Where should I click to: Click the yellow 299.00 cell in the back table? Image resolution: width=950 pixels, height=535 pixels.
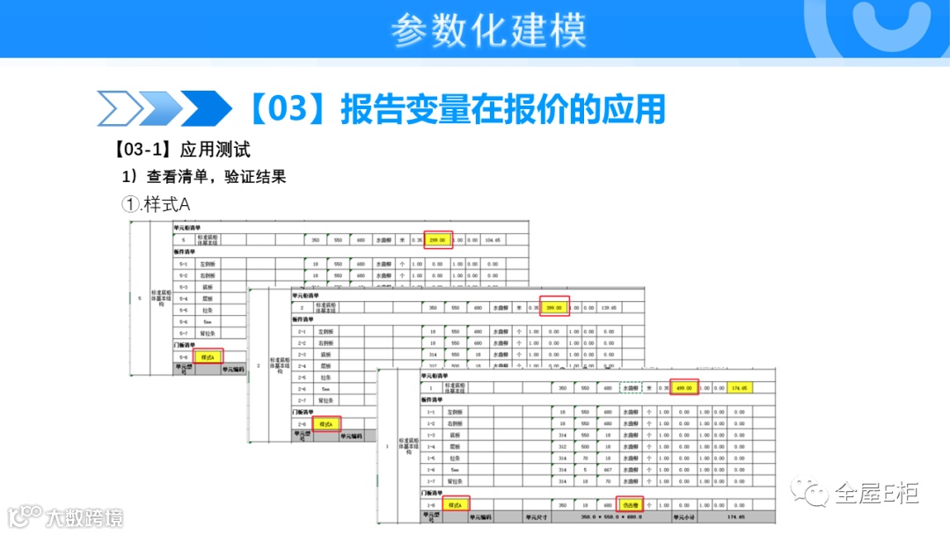click(x=438, y=239)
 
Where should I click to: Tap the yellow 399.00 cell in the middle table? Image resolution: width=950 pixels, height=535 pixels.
click(x=554, y=308)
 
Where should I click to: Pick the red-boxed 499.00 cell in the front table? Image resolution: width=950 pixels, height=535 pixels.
click(x=683, y=387)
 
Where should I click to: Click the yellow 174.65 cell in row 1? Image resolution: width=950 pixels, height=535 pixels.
click(x=737, y=387)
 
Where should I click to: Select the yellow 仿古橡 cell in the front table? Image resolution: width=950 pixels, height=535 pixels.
click(x=629, y=506)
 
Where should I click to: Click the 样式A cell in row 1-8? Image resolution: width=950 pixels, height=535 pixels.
click(x=455, y=506)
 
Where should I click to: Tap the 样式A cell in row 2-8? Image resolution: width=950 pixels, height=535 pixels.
click(x=326, y=424)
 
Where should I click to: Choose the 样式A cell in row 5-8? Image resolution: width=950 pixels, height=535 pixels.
click(x=208, y=357)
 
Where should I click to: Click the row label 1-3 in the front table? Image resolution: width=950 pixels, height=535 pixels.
click(x=431, y=435)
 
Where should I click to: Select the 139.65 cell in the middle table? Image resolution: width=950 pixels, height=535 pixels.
click(x=607, y=308)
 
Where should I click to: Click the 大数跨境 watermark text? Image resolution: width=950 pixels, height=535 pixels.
click(x=85, y=517)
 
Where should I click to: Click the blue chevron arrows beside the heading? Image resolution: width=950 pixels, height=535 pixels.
click(x=164, y=109)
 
